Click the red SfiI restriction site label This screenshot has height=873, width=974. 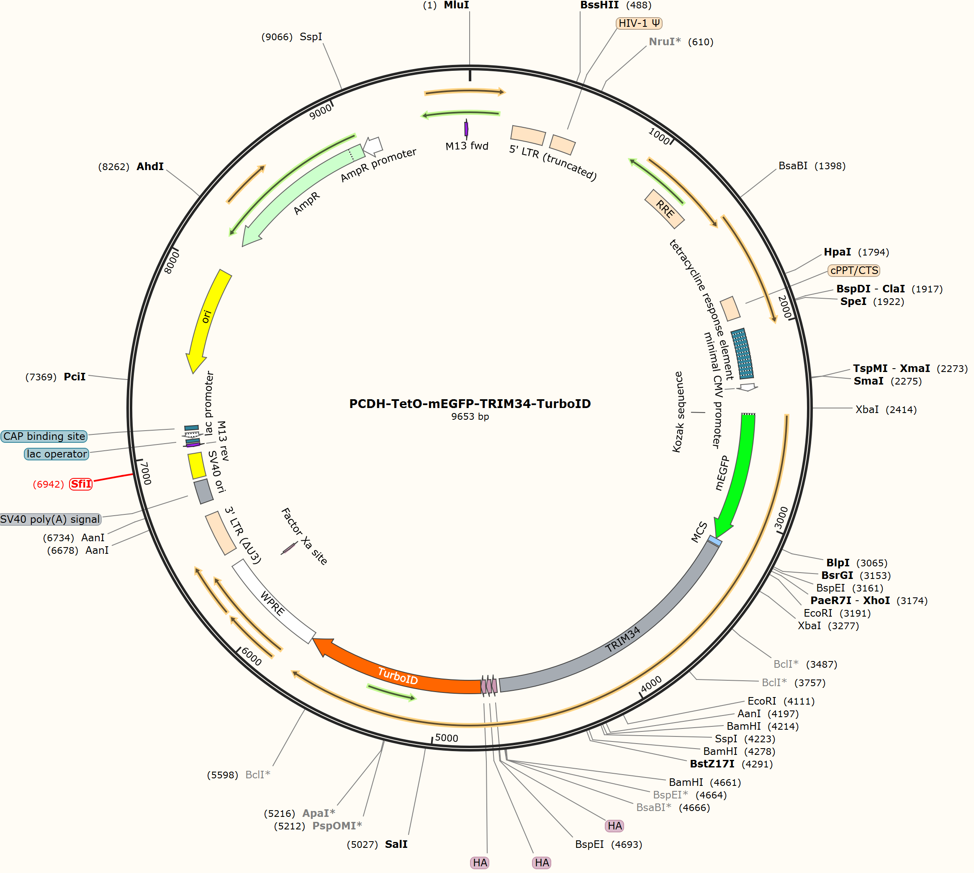[81, 484]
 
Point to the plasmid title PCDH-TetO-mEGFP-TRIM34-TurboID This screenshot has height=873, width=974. [470, 403]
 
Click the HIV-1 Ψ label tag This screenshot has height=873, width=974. [639, 23]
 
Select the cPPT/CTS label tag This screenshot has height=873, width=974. [854, 271]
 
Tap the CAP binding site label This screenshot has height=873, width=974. [44, 436]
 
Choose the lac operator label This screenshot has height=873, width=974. [57, 454]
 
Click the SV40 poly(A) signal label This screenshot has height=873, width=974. [50, 519]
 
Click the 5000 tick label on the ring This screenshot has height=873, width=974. [447, 738]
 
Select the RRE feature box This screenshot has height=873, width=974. [665, 209]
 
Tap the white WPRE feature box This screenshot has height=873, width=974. [274, 602]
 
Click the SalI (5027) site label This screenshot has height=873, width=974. [396, 844]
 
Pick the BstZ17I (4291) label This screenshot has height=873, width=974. [712, 764]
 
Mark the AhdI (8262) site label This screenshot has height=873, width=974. [150, 166]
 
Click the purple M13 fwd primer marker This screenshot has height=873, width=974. [466, 129]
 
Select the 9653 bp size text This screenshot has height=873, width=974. [470, 416]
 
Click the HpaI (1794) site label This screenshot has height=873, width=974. [838, 252]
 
